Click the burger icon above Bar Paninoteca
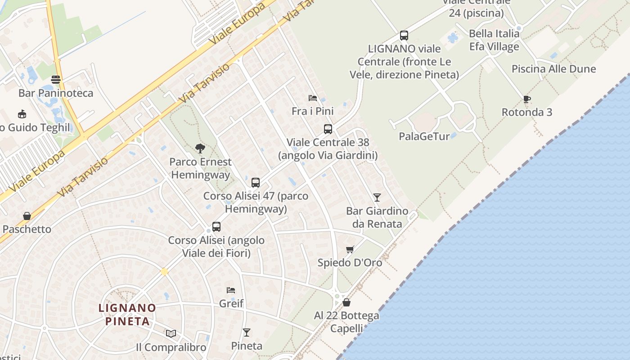coord(56,80)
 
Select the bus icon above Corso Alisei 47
coord(256,182)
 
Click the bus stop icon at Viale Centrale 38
coord(328,129)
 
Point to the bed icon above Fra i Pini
coord(313,98)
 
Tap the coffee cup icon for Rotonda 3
coord(527,99)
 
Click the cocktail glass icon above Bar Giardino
coord(377,197)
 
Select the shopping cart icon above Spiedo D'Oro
coord(350,249)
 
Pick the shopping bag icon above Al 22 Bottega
coord(346,302)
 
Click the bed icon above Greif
coord(231,290)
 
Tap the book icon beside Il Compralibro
coord(171,333)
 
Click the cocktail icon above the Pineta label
coord(247,332)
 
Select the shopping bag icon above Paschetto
coord(27,216)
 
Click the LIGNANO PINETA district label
coord(127,315)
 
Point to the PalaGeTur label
coord(424,136)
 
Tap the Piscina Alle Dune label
coord(553,69)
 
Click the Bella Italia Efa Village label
coord(494,40)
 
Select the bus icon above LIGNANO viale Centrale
coord(404,35)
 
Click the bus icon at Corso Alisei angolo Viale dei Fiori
coord(216,226)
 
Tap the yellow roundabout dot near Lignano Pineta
coord(164,271)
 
